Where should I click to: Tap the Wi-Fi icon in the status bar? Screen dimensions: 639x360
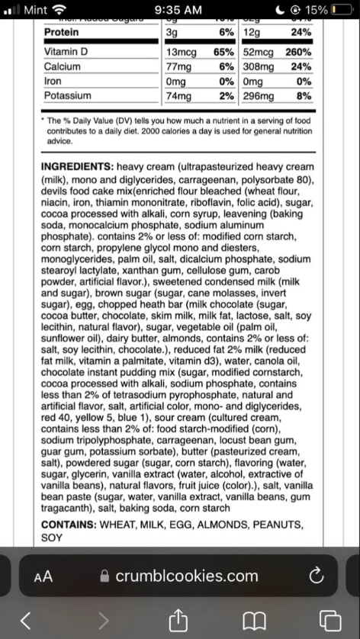(59, 10)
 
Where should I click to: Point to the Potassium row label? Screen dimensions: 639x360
(67, 96)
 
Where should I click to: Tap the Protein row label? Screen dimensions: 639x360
(62, 33)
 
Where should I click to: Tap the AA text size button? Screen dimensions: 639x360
(43, 576)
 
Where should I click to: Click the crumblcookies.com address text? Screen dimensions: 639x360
(186, 576)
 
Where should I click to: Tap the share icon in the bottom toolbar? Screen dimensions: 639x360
(181, 619)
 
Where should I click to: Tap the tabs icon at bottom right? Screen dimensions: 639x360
(329, 619)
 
